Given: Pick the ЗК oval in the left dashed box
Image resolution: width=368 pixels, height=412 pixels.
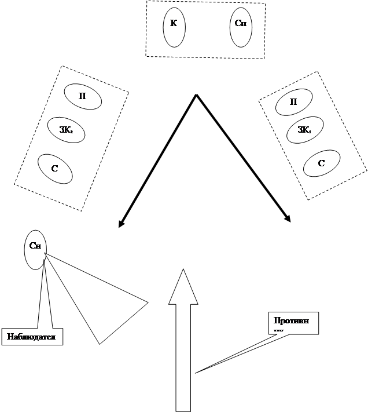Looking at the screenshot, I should point(67,130).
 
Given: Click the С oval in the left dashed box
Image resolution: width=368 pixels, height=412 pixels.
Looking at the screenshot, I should point(55,168).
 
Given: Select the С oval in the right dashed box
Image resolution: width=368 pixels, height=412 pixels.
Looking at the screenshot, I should point(322,163).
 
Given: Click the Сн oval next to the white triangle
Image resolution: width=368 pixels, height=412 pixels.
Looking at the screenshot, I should point(35,249).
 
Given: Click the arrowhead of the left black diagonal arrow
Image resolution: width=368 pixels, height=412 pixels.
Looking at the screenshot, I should point(121,224).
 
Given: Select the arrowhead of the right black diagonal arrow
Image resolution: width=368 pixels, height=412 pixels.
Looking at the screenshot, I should point(288,218).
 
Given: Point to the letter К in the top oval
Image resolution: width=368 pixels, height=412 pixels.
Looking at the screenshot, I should point(174,24).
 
